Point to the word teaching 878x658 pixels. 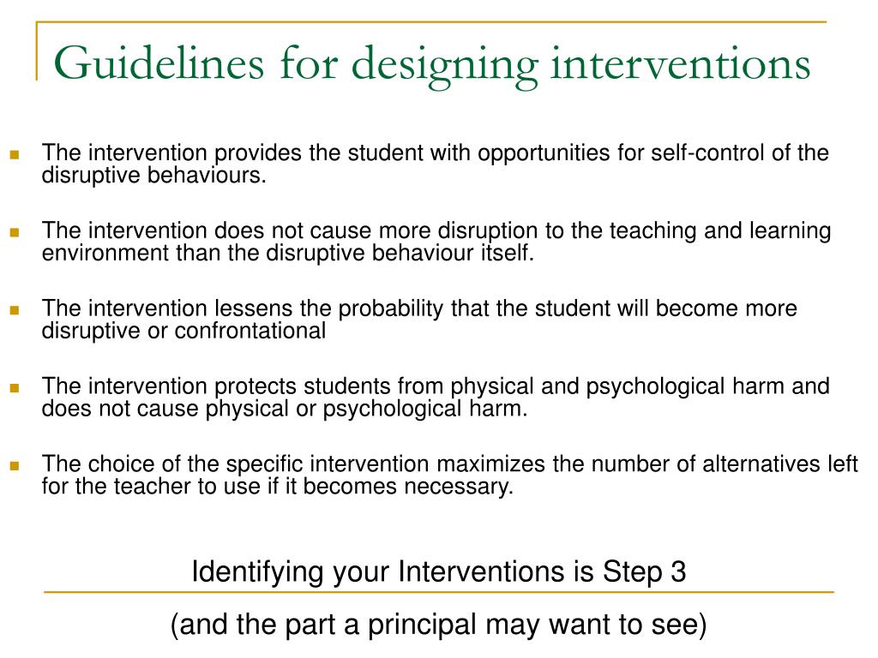coord(642,231)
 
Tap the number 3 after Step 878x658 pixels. coord(678,571)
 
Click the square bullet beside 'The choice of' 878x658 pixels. coord(15,466)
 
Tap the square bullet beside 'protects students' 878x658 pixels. coord(15,388)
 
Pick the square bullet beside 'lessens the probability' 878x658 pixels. coord(15,310)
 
